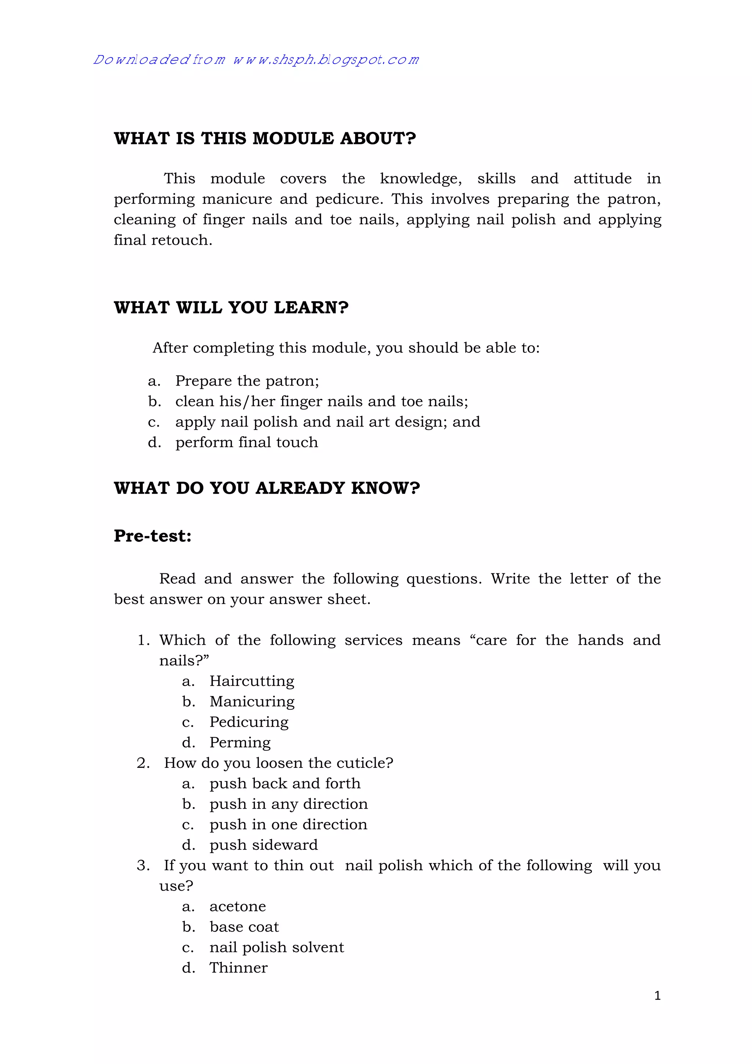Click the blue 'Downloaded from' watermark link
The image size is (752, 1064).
(x=256, y=60)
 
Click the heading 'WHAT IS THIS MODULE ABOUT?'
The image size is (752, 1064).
(x=265, y=139)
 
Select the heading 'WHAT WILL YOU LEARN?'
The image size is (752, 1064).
(x=231, y=308)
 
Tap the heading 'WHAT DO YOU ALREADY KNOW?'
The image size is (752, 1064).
(x=267, y=488)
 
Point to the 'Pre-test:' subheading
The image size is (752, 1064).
(x=152, y=536)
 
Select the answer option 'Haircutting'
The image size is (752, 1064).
(x=252, y=681)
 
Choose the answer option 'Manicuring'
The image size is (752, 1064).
(x=252, y=702)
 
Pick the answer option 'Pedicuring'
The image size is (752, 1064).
(x=249, y=722)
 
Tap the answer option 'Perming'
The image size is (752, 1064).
(x=240, y=742)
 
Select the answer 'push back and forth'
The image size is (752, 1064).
(x=285, y=784)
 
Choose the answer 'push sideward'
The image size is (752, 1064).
(x=264, y=845)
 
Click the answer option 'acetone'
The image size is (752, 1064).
(x=238, y=906)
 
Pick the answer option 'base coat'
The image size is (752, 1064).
(x=244, y=927)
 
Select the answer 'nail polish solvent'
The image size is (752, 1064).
(x=276, y=947)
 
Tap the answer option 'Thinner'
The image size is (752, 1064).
(x=238, y=968)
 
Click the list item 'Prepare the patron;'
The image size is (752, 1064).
(x=247, y=381)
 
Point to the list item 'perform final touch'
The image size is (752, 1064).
(x=246, y=443)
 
